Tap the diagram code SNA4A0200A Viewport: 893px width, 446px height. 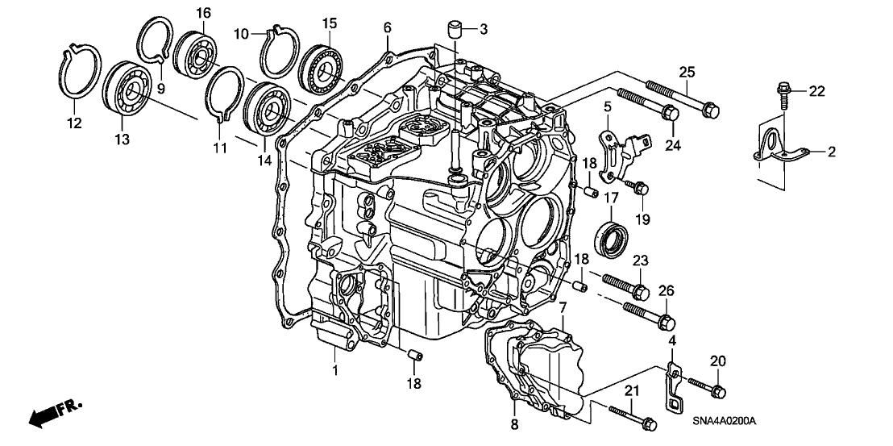click(724, 422)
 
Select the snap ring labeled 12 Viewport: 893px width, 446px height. click(80, 74)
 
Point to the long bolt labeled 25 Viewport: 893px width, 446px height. click(683, 99)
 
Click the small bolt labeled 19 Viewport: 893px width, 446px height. click(636, 185)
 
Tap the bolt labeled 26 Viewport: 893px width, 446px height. click(650, 316)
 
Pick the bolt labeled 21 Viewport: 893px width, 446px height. click(633, 418)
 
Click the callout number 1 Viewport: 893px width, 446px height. click(335, 370)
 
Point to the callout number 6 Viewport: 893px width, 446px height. click(388, 27)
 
